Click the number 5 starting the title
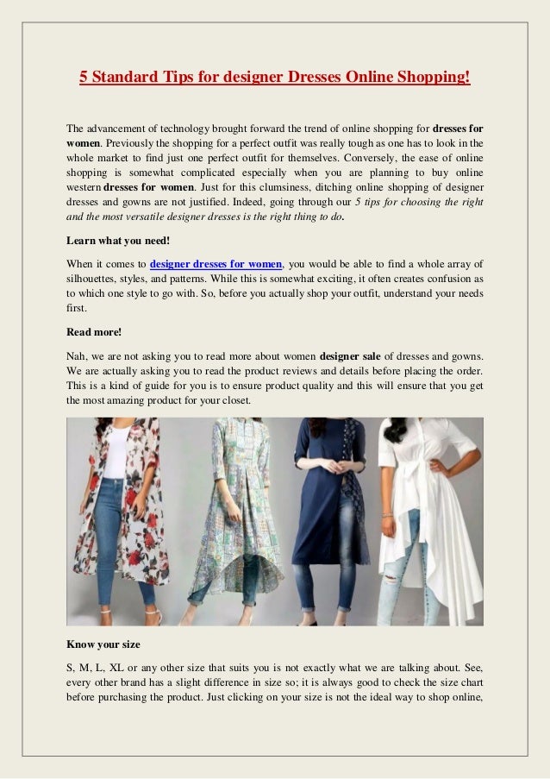click(x=84, y=78)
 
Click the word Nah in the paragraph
click(x=76, y=355)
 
